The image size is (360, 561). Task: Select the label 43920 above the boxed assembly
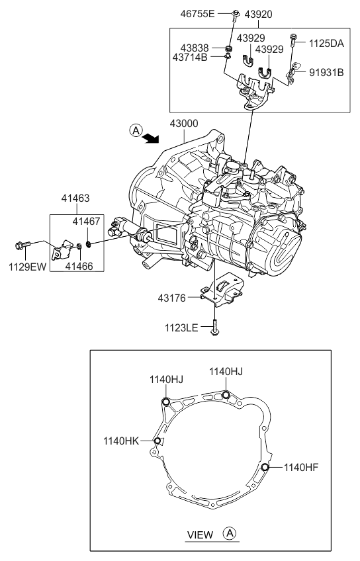(x=259, y=13)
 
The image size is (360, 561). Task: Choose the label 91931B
(x=326, y=72)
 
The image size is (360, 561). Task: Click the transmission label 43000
(x=187, y=124)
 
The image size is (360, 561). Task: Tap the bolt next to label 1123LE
(x=215, y=326)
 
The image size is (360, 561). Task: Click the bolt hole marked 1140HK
(x=157, y=441)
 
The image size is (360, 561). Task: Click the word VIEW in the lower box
(x=200, y=534)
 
